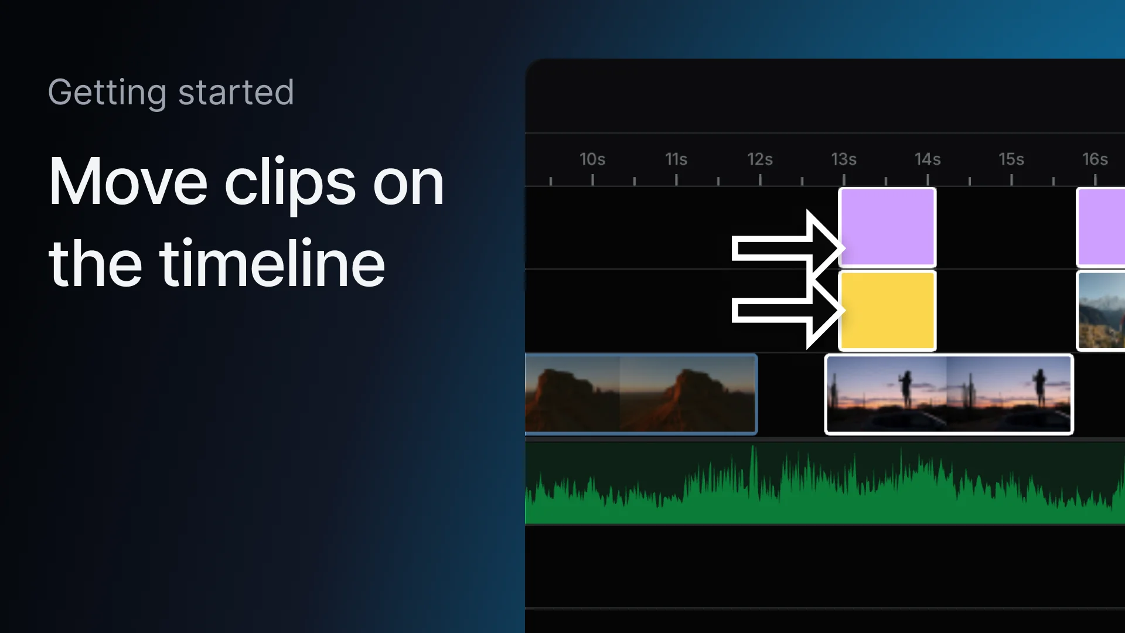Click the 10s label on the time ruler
click(x=592, y=159)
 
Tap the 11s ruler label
click(x=676, y=159)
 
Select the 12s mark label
click(x=760, y=159)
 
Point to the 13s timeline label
click(x=844, y=159)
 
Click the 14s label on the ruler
click(x=928, y=159)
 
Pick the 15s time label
click(x=1011, y=159)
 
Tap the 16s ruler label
click(x=1095, y=159)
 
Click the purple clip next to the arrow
click(x=888, y=227)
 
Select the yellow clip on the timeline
click(x=888, y=311)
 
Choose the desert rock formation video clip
click(x=641, y=394)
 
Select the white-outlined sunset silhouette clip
click(x=949, y=394)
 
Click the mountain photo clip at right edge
click(x=1102, y=311)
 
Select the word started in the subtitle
click(x=236, y=93)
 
